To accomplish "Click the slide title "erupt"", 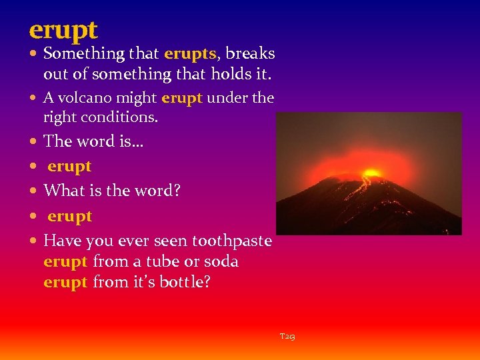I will click(63, 30).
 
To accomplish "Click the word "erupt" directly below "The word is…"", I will click(69, 166).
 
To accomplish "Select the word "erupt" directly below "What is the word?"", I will click(69, 216).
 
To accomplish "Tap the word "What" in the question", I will click(61, 191).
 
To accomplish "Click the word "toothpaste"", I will click(232, 241).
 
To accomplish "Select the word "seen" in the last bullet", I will click(169, 241).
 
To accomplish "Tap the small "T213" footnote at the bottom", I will click(287, 337).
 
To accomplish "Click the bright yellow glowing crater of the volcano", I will click(371, 175).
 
